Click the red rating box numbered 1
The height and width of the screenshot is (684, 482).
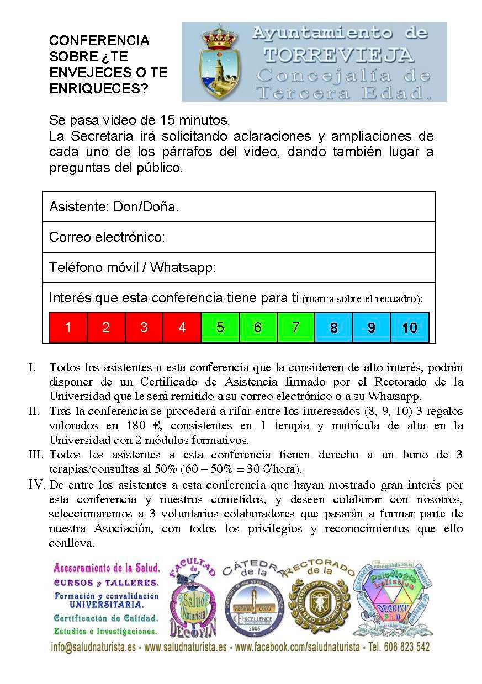[x=68, y=327]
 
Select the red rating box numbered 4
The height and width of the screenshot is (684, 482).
[x=182, y=327]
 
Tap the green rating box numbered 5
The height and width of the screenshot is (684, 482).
[x=220, y=327]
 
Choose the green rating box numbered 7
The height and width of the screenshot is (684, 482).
[x=295, y=327]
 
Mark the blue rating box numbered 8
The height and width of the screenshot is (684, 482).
[x=333, y=327]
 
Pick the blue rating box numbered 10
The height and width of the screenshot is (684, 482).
[x=410, y=327]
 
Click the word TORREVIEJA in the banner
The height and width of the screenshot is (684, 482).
[x=338, y=55]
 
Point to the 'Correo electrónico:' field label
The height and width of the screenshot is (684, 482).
[x=107, y=237]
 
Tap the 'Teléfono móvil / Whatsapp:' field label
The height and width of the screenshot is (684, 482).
[x=132, y=268]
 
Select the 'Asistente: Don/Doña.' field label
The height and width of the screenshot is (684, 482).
[x=114, y=207]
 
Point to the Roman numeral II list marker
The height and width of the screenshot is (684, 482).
[x=35, y=412]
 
